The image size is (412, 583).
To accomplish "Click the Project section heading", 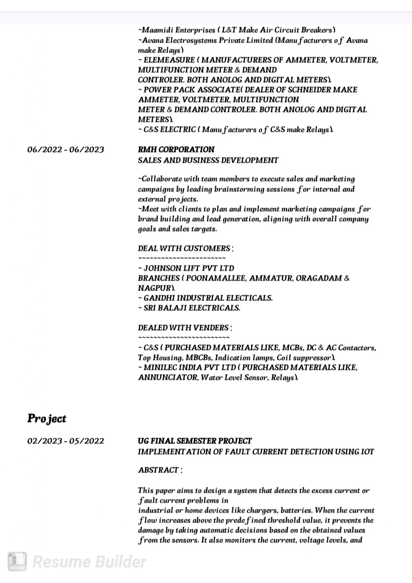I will (47, 419).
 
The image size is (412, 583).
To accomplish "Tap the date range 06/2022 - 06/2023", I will (65, 150).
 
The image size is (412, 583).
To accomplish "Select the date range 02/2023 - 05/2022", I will (65, 441).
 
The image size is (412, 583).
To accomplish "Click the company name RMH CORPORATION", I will (176, 149).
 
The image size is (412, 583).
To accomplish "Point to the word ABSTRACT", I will (158, 470).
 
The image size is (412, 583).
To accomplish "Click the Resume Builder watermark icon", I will (17, 562).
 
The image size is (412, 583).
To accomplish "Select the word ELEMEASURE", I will (169, 60).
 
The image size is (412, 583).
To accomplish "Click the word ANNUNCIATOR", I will (168, 378).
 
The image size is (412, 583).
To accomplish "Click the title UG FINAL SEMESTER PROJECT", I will (195, 441).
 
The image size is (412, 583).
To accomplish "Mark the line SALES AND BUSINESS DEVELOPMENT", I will (208, 160).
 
